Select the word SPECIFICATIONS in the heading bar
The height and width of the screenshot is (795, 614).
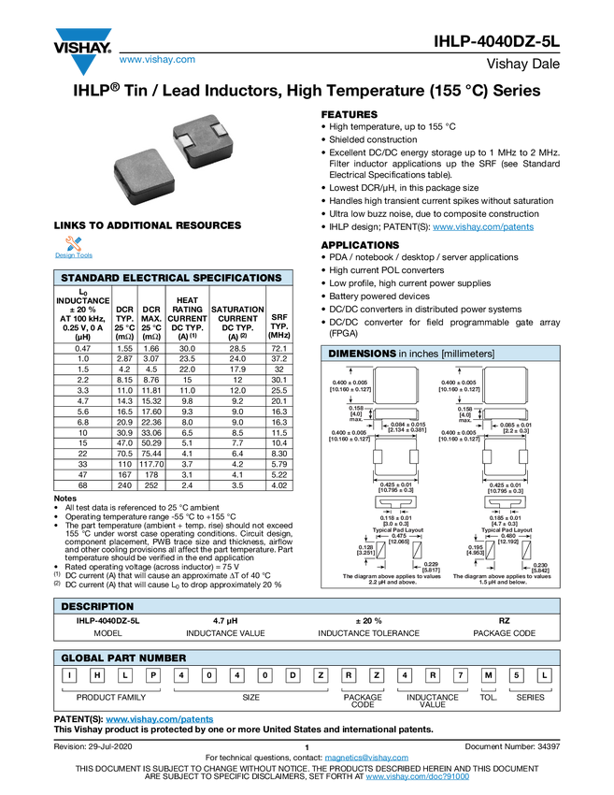(238, 278)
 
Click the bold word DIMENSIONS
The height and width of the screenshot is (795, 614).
(362, 354)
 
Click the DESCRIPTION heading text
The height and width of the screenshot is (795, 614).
(97, 606)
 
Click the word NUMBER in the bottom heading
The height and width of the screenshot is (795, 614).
(164, 658)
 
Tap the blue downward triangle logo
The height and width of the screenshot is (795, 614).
(84, 65)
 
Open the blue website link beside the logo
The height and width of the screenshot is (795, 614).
(157, 61)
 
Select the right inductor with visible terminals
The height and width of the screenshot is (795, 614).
(202, 140)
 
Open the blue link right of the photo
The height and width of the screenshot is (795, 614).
(483, 227)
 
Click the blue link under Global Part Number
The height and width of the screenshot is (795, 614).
(159, 720)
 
